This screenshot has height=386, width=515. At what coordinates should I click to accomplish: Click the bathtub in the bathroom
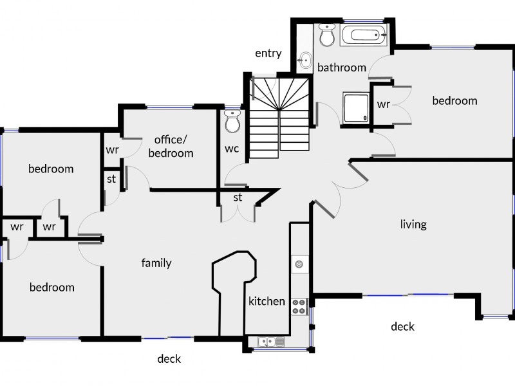tap(364, 35)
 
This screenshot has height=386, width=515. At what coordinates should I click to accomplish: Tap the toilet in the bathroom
tap(327, 35)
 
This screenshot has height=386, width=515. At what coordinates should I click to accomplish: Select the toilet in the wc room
tap(232, 122)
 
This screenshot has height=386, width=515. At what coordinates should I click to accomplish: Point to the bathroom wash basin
tap(305, 60)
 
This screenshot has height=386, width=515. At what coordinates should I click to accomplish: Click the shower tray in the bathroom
tap(356, 107)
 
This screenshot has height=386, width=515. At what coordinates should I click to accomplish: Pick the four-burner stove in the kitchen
tap(299, 307)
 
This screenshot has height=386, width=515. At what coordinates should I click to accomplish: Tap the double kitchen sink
tap(271, 342)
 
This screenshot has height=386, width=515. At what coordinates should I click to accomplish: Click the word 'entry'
tap(268, 53)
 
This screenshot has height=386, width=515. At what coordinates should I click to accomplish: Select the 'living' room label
tap(413, 225)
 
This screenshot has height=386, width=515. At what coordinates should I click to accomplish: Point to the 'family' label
tap(156, 262)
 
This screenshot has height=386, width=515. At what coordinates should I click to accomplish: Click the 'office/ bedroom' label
tap(171, 147)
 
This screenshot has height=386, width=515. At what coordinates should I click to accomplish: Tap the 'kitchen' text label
tap(267, 301)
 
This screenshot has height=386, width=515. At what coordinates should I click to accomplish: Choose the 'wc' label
tap(232, 149)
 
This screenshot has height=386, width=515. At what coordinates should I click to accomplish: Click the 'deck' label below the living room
tap(402, 326)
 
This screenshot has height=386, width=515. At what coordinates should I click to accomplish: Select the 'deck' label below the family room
tap(169, 358)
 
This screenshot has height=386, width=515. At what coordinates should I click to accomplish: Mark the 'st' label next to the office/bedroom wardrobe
tap(111, 179)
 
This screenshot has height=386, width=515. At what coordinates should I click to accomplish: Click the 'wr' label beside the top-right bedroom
tap(383, 104)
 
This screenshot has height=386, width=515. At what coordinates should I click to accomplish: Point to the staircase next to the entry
tap(279, 115)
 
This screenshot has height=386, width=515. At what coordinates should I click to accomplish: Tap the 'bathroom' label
tap(342, 68)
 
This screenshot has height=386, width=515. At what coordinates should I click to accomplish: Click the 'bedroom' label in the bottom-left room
tap(52, 287)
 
